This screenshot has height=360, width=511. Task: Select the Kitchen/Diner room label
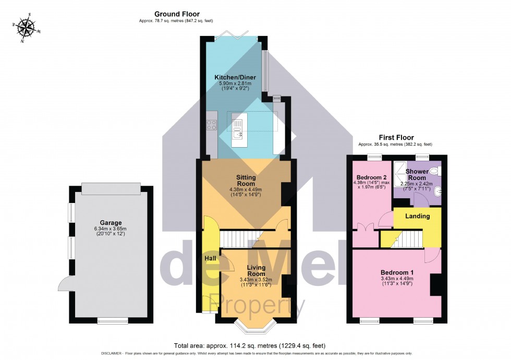click(x=235, y=77)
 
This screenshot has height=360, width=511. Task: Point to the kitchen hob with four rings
click(x=212, y=125)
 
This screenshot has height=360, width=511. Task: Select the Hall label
click(x=210, y=258)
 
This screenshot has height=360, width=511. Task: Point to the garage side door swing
click(x=65, y=284)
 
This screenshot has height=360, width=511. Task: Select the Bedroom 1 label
click(x=397, y=272)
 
